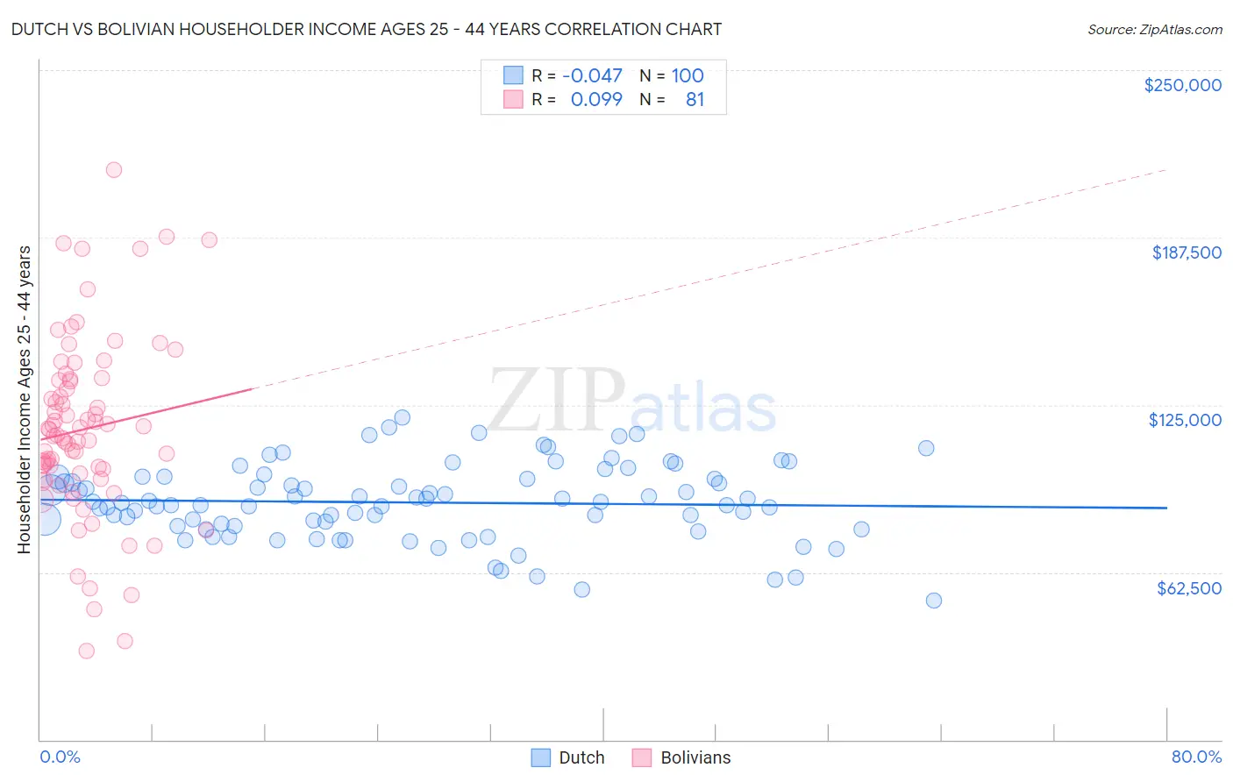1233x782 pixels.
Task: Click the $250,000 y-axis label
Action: [x=1182, y=85]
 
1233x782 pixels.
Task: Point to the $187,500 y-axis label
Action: [x=1186, y=252]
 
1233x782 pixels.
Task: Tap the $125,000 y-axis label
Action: [x=1185, y=420]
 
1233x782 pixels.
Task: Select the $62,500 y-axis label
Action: [x=1188, y=588]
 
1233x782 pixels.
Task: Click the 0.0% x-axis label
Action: [x=60, y=757]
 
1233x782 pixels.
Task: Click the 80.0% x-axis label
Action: [x=1196, y=757]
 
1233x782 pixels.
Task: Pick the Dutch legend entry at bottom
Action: [x=568, y=757]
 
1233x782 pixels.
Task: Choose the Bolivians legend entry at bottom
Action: [x=681, y=757]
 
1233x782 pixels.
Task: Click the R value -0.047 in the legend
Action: [x=592, y=75]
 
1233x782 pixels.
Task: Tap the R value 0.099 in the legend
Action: [x=596, y=99]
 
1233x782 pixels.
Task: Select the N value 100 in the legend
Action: [x=688, y=75]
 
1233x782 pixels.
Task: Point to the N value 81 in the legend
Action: [x=695, y=99]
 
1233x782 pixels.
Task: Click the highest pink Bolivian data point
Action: [x=113, y=170]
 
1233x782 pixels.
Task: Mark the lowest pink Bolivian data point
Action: [x=86, y=650]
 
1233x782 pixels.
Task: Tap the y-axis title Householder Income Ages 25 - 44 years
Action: [x=24, y=400]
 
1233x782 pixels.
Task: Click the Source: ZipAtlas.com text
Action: [x=1154, y=29]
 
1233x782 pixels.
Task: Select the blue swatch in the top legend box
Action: [x=513, y=75]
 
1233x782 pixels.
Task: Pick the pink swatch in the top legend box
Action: [x=513, y=99]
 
